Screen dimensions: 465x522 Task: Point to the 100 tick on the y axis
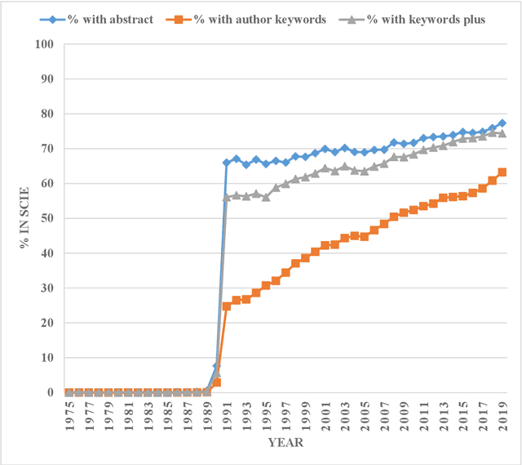(x=51, y=44)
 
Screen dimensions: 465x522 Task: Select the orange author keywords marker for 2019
(x=502, y=172)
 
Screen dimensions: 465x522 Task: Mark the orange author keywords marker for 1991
(x=226, y=306)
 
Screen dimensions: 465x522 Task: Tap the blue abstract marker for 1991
(x=226, y=163)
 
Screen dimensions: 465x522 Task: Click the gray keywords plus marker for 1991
(x=226, y=197)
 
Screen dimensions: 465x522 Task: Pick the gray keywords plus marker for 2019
(x=502, y=133)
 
